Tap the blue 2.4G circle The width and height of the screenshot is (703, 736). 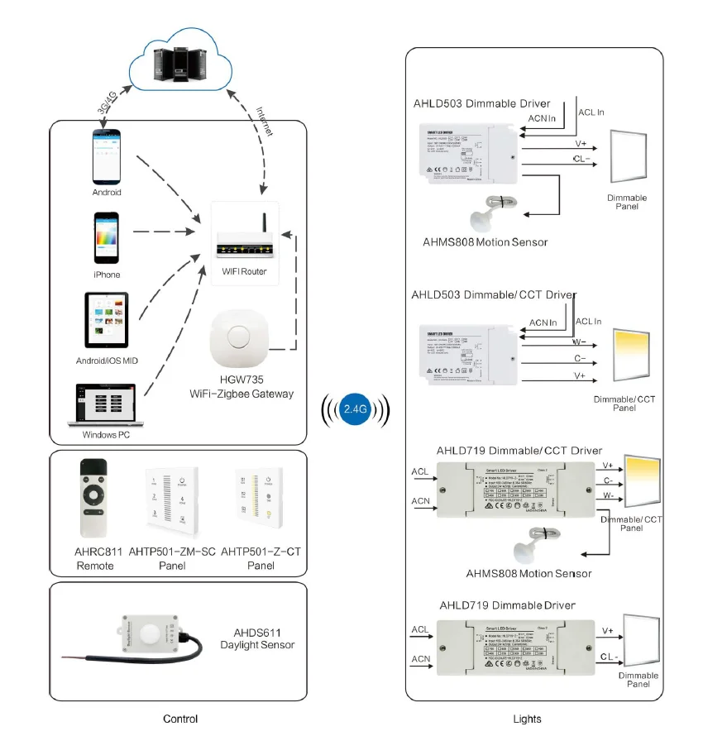[x=355, y=409]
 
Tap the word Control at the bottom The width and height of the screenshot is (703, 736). [x=180, y=719]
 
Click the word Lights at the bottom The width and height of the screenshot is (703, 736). [x=527, y=719]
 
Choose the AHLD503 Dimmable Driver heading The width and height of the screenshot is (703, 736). [x=481, y=104]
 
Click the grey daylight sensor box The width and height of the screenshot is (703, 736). [x=150, y=636]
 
